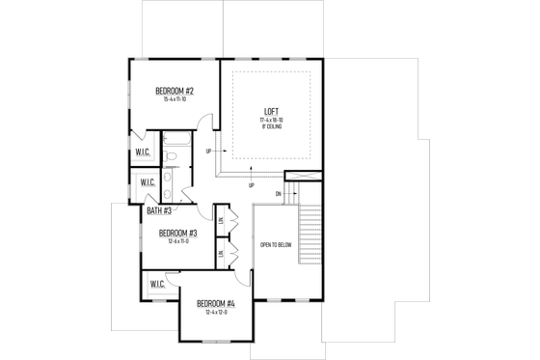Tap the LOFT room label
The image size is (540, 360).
[x=271, y=110]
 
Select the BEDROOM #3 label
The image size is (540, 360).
[x=178, y=233]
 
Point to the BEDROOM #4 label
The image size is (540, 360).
[x=217, y=304]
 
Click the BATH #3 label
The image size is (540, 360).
[x=160, y=210]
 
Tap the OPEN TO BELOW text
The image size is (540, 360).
[x=275, y=245]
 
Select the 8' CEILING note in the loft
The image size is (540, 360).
[x=271, y=125]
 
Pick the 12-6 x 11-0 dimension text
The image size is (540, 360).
[x=178, y=241]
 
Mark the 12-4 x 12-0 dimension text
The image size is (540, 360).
[x=217, y=313]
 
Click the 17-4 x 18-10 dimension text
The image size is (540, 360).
[x=271, y=119]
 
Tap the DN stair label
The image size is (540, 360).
[x=279, y=193]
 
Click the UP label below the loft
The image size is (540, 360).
[x=252, y=185]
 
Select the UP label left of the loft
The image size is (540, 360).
[x=209, y=152]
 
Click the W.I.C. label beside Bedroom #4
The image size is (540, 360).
[x=157, y=284]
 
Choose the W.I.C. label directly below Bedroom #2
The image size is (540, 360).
[x=142, y=152]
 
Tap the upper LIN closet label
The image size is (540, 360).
[x=221, y=219]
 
